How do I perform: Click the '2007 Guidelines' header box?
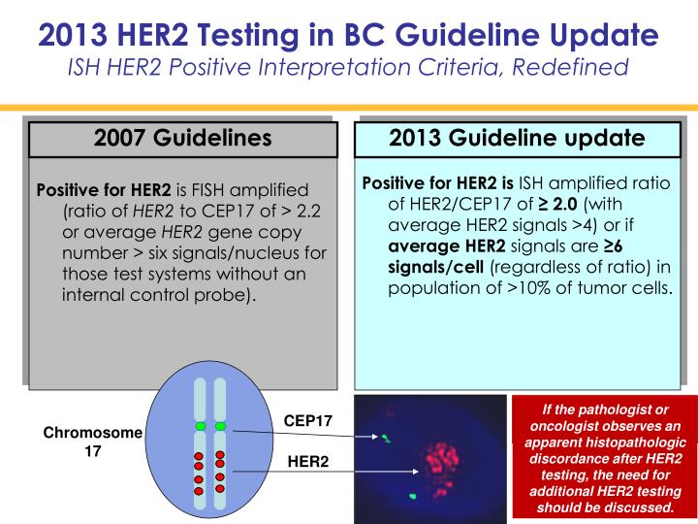(x=183, y=139)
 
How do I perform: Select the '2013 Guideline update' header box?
(x=517, y=138)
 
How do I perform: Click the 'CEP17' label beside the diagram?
(x=307, y=421)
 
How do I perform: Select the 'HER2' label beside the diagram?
(x=308, y=462)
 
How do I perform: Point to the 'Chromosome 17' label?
(x=92, y=442)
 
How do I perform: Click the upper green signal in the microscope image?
(x=384, y=439)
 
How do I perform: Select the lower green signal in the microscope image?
(x=414, y=497)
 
